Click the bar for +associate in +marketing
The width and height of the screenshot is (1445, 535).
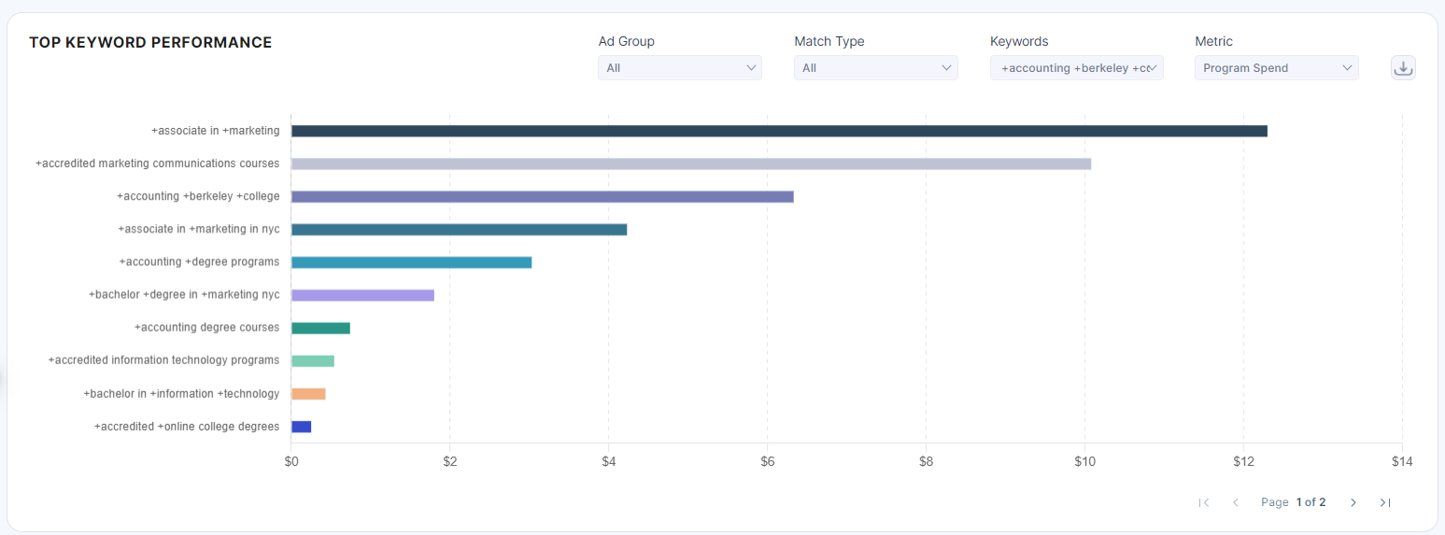click(x=779, y=131)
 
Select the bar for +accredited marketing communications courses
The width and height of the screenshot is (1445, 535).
click(x=691, y=163)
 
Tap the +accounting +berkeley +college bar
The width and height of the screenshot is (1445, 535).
click(x=542, y=196)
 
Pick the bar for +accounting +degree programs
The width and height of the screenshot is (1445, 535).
click(x=411, y=262)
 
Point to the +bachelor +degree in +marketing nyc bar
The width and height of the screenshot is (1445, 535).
click(x=362, y=295)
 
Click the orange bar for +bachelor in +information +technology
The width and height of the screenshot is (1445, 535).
click(x=308, y=394)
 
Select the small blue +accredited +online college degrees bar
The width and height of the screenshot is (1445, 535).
click(x=301, y=427)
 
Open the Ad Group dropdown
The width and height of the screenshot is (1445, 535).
click(x=679, y=67)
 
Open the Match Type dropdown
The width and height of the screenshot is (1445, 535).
click(x=875, y=67)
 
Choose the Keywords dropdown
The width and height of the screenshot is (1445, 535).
click(x=1076, y=67)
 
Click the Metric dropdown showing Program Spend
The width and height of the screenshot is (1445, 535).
click(x=1276, y=67)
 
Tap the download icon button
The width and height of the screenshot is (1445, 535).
click(x=1403, y=67)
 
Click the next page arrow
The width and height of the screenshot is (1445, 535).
click(x=1353, y=502)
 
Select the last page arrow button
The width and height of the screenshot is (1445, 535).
click(x=1384, y=502)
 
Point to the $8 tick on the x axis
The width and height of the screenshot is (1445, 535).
click(x=926, y=461)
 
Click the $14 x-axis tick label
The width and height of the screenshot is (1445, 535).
click(x=1401, y=461)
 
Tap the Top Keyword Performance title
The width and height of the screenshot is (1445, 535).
click(x=150, y=42)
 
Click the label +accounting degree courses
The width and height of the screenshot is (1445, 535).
click(x=206, y=328)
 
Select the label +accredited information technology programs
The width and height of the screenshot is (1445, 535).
click(x=163, y=360)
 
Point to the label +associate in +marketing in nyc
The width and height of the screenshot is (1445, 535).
click(x=198, y=229)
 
